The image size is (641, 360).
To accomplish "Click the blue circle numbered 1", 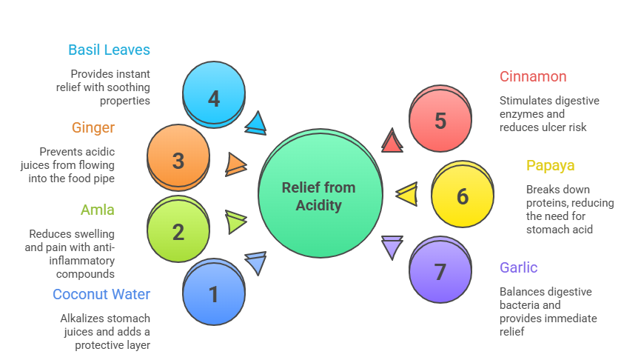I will (x=214, y=294).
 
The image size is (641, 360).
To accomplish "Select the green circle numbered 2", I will (x=178, y=231).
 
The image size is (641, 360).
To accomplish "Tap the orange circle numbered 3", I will (x=178, y=160).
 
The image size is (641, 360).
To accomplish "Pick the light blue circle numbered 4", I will (x=214, y=97).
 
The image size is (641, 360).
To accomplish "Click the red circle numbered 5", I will (x=440, y=120).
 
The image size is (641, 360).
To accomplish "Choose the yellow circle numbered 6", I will (x=463, y=196).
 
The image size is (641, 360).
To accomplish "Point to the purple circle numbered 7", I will (x=440, y=271).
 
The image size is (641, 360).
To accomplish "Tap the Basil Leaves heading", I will (x=109, y=50).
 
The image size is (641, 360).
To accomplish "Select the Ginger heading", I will (x=93, y=127).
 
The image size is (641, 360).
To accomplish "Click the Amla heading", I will (x=98, y=210).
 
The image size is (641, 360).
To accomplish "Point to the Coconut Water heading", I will (x=101, y=294).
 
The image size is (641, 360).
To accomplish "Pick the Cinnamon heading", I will (x=533, y=76).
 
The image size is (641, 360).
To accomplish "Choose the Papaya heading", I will (x=550, y=165).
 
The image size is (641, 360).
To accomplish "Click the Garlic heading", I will (x=518, y=267).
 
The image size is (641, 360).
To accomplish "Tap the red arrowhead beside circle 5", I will (x=392, y=141).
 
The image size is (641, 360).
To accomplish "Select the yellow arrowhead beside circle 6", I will (x=407, y=194).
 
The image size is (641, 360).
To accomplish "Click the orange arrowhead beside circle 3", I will (x=236, y=164).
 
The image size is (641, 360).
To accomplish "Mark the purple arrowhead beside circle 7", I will (x=392, y=246).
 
